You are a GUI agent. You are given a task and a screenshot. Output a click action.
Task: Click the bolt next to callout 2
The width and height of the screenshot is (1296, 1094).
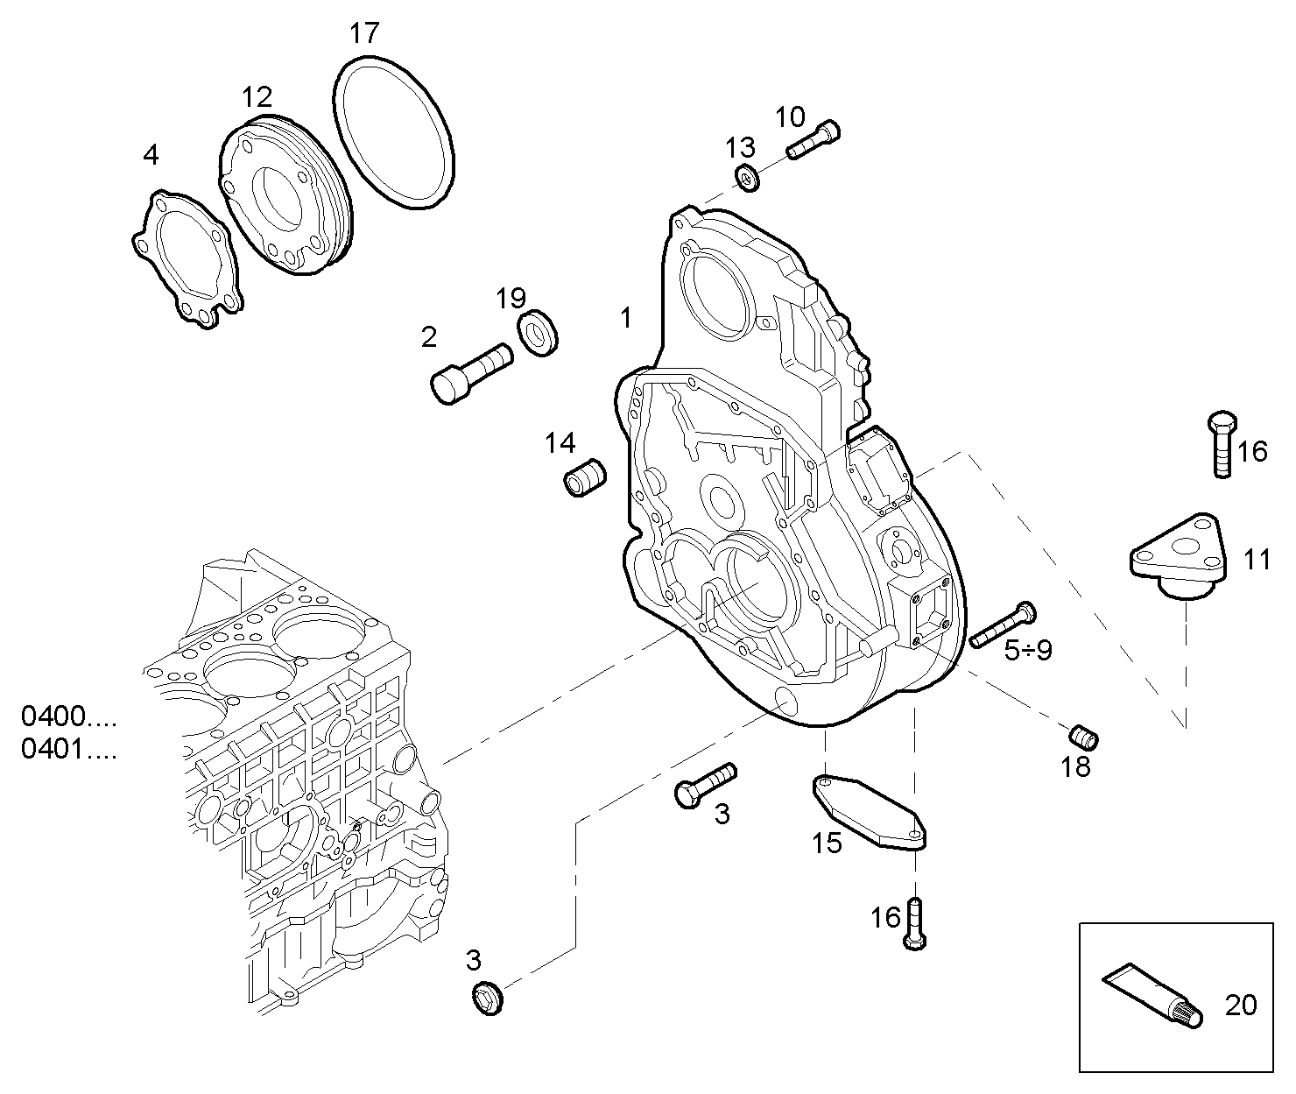coord(471,372)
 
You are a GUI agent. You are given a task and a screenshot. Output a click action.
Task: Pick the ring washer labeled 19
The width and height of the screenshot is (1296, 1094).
coord(539,332)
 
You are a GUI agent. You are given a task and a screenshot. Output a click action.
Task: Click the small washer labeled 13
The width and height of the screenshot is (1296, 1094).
coord(747,178)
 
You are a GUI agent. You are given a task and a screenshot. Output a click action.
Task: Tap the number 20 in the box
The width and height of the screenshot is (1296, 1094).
coord(1240,1005)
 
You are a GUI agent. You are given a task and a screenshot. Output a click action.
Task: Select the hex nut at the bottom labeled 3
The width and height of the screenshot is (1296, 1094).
coord(488,998)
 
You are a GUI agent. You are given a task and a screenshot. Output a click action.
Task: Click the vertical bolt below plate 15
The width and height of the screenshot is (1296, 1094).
coord(914,923)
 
